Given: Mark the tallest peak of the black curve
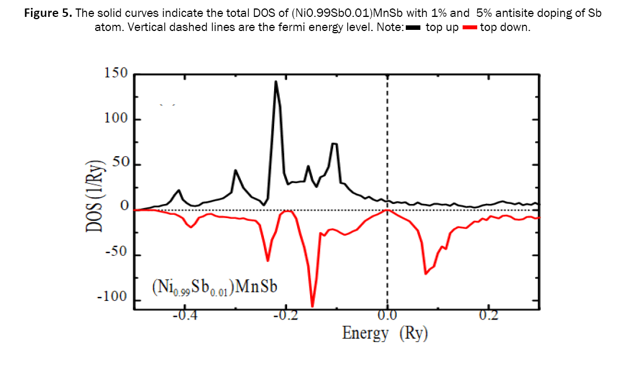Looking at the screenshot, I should [276, 82].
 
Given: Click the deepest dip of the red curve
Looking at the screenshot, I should [312, 306].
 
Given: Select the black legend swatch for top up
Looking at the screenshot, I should [414, 28].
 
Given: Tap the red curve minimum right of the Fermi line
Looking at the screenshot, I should [426, 273].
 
